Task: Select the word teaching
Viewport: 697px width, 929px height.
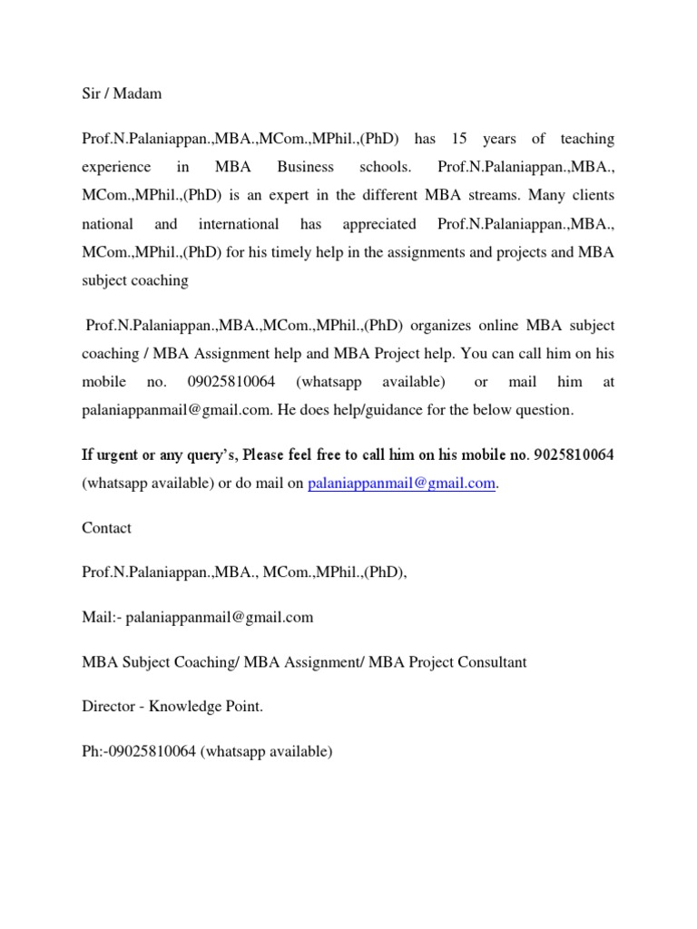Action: [x=586, y=139]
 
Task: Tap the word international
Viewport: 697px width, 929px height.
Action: [x=238, y=224]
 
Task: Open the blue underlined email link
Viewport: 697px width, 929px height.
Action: [x=402, y=484]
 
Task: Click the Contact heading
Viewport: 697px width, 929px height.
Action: [x=106, y=528]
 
